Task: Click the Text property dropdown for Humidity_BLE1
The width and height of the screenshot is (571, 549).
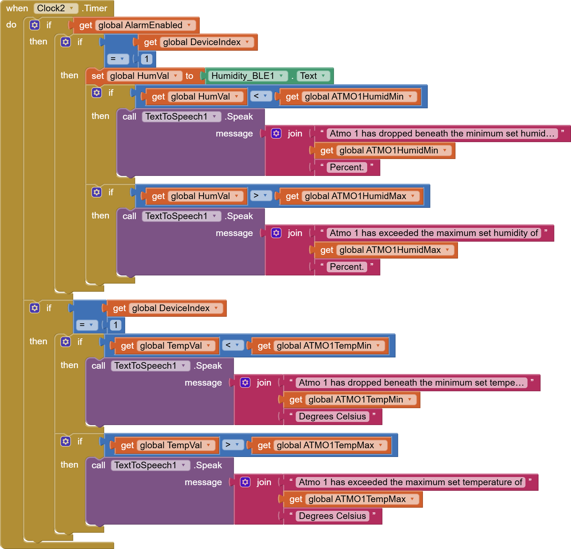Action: click(313, 76)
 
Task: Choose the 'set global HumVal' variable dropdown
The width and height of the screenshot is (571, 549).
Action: click(144, 76)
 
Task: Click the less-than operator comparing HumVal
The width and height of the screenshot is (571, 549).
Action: click(260, 96)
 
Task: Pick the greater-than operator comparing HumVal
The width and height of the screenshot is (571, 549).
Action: click(260, 196)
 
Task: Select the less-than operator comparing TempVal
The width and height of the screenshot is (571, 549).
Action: click(233, 345)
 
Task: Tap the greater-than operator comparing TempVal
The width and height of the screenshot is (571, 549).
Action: click(233, 445)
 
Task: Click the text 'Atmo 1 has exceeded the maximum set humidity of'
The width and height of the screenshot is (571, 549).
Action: click(434, 233)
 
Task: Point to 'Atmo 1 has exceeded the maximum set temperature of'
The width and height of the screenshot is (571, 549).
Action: click(410, 482)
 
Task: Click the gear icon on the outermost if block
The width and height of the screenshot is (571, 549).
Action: click(35, 25)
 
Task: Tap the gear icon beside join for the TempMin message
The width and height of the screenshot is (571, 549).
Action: click(245, 382)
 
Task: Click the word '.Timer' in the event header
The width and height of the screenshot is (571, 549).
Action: click(94, 8)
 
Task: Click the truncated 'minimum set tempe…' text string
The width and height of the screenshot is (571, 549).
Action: click(411, 382)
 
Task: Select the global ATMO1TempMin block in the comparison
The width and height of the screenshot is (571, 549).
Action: click(320, 346)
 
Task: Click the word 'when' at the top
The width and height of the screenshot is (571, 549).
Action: click(17, 8)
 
